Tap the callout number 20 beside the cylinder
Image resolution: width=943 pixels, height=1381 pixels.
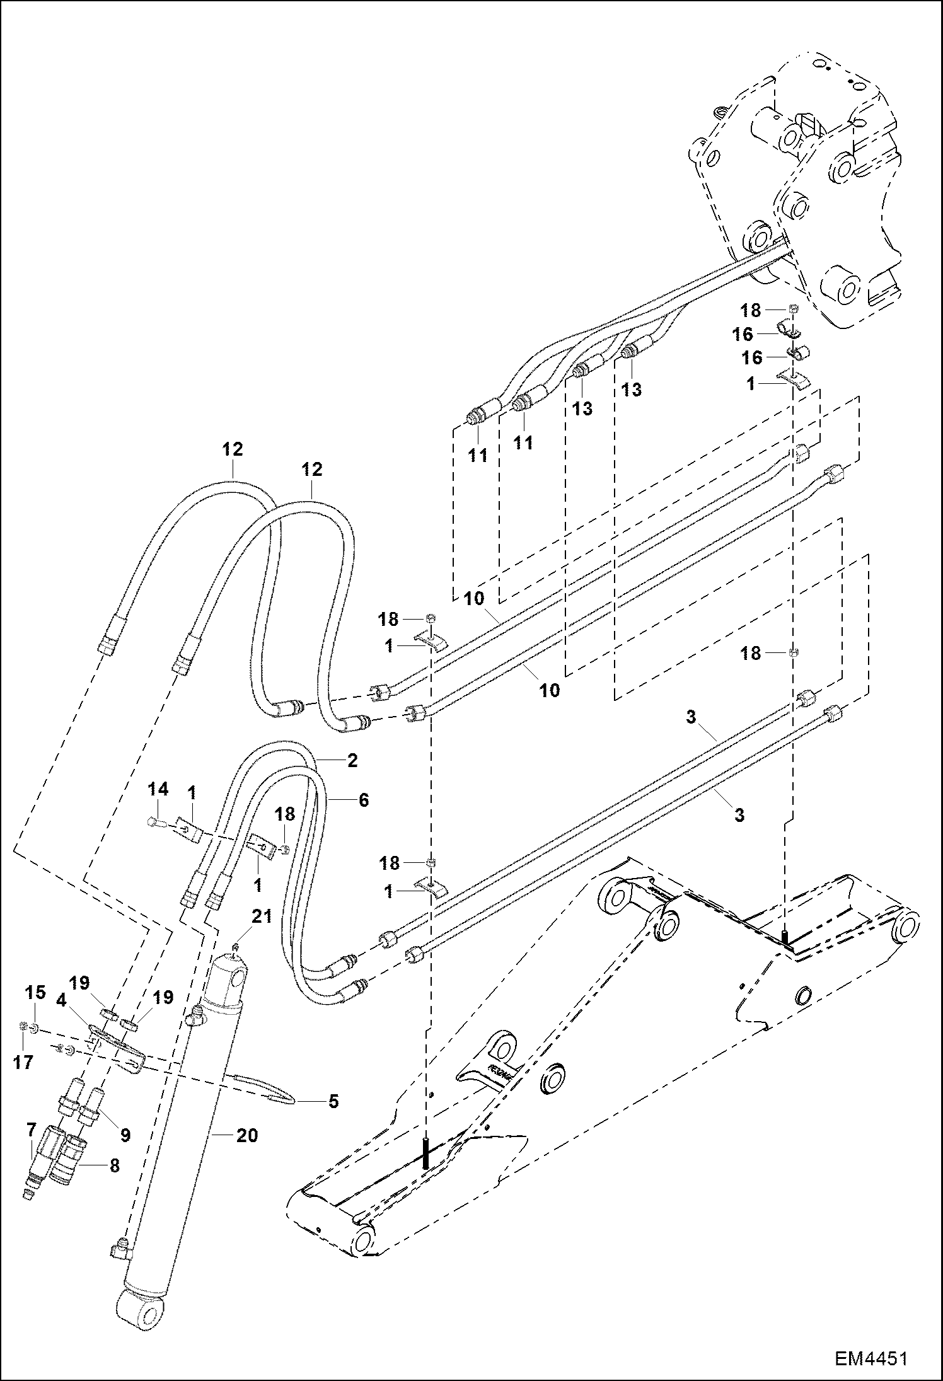tap(247, 1136)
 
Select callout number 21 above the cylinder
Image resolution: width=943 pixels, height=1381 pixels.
tap(262, 916)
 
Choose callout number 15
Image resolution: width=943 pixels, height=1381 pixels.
tap(35, 993)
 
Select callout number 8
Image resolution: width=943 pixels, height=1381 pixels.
tap(114, 1165)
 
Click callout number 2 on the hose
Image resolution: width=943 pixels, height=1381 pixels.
tap(352, 760)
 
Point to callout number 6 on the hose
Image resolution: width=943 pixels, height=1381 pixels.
tap(363, 800)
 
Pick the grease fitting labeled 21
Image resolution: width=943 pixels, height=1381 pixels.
tap(234, 944)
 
